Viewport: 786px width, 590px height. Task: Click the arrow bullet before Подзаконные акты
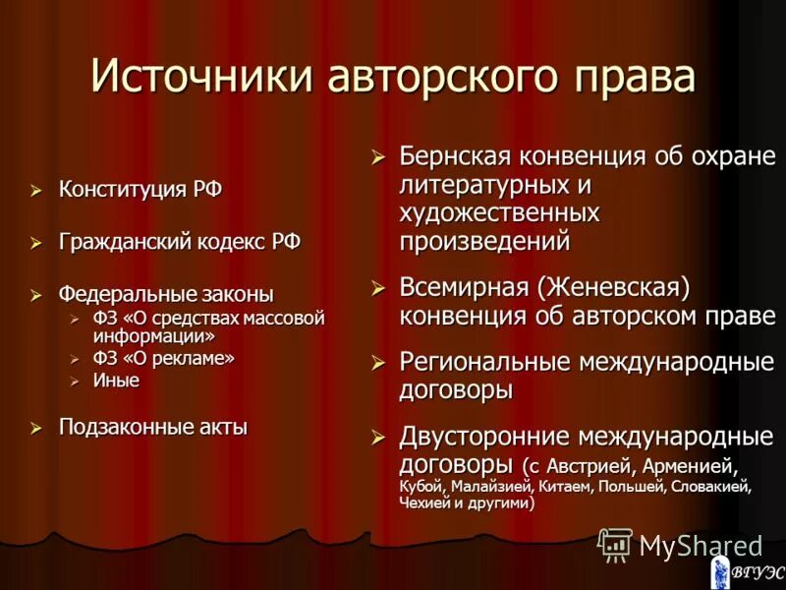[36, 427]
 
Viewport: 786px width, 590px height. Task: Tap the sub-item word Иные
[116, 381]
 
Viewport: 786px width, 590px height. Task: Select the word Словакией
[706, 485]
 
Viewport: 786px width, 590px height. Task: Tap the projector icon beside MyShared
[614, 544]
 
